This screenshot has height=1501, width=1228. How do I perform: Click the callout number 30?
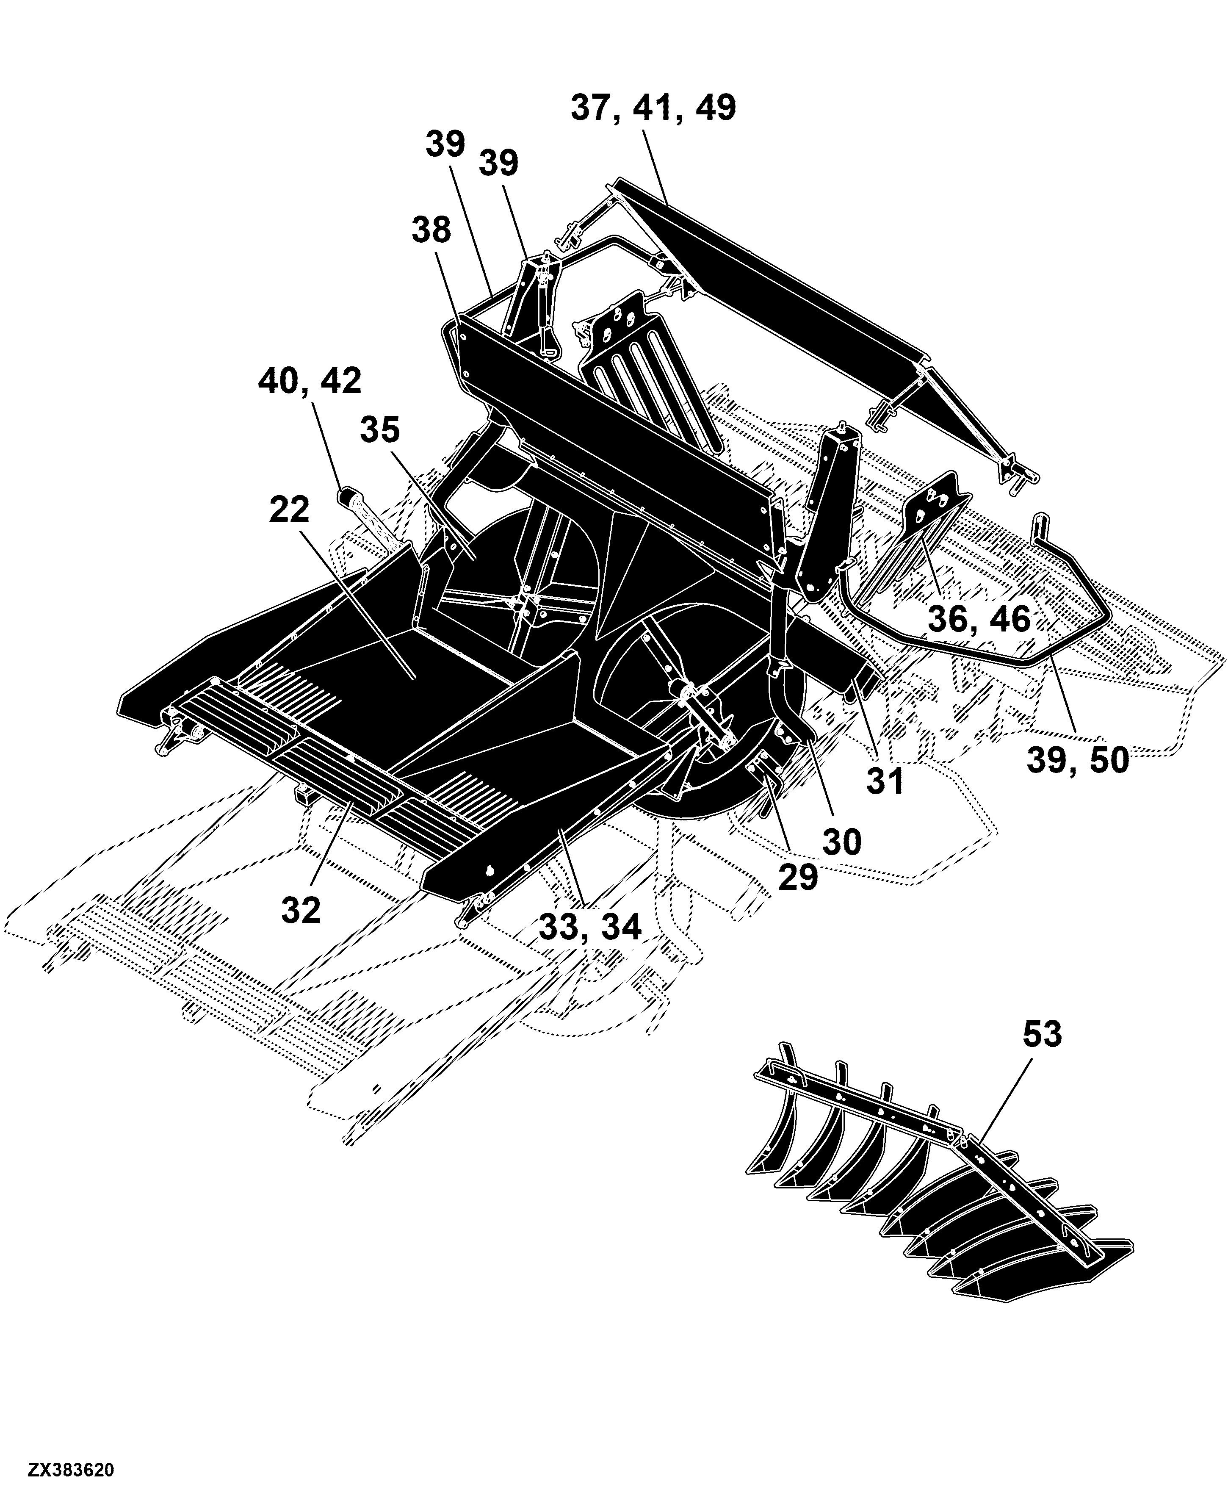(x=842, y=842)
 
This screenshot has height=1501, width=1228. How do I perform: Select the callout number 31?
(x=885, y=781)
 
